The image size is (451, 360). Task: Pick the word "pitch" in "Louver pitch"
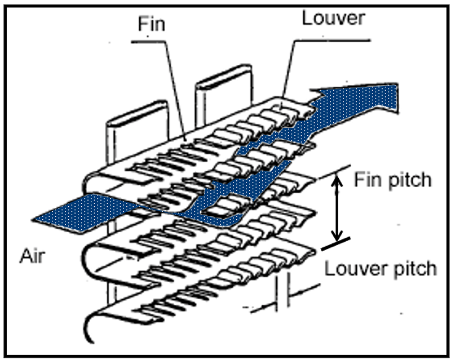tap(415, 269)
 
